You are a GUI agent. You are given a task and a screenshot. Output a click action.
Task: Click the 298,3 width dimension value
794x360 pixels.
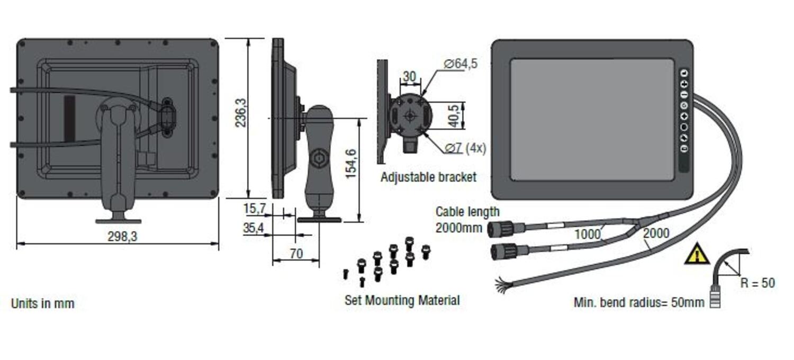122,237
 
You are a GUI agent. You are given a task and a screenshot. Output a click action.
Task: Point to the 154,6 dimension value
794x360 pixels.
350,164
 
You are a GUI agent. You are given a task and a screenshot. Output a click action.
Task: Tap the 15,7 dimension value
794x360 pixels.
255,209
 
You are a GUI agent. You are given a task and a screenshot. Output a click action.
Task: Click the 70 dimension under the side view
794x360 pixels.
296,254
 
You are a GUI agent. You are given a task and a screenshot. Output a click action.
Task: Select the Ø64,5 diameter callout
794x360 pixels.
461,64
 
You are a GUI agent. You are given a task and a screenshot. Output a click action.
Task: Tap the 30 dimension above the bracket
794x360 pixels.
409,77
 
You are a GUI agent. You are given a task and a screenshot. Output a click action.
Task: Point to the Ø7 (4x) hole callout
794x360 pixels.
465,148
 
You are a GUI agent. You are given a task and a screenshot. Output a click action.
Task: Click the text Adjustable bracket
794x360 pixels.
428,177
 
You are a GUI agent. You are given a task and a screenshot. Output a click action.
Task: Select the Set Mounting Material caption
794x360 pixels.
402,300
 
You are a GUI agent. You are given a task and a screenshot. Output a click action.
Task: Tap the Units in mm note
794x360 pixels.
43,303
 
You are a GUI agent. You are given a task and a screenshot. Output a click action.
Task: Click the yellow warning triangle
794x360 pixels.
697,254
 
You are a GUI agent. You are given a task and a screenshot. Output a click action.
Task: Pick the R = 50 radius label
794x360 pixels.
757,283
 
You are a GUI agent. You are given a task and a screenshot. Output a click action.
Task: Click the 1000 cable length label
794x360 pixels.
588,234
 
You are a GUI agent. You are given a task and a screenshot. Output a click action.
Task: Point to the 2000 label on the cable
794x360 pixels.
656,233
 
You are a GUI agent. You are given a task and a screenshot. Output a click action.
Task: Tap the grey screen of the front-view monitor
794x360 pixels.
592,120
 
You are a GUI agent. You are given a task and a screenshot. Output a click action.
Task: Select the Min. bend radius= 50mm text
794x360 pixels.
639,302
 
